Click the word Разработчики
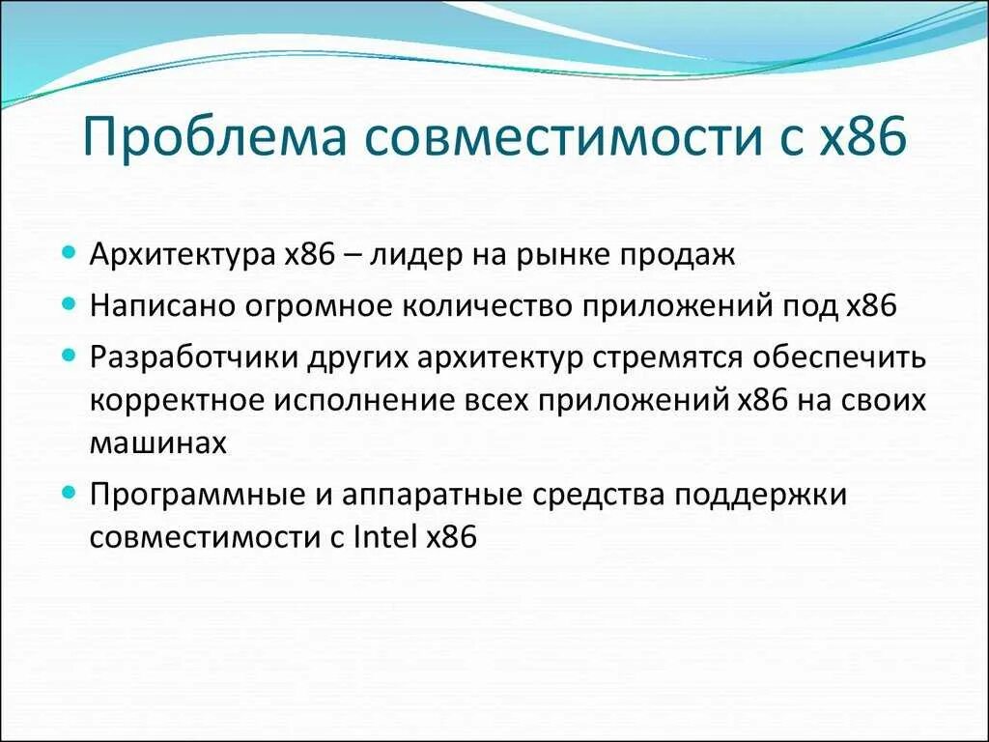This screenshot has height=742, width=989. [x=194, y=356]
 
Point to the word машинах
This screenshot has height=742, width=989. [x=158, y=443]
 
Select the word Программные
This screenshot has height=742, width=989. [x=191, y=494]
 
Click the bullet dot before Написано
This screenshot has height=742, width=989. [x=68, y=303]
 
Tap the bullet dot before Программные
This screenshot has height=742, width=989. [x=68, y=492]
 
